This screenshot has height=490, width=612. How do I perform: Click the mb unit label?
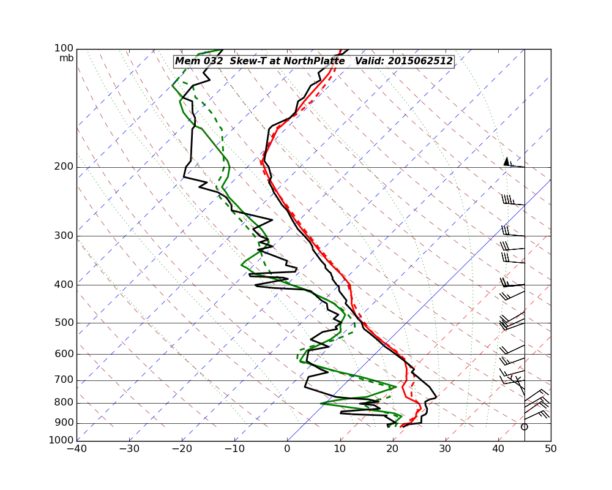[66, 58]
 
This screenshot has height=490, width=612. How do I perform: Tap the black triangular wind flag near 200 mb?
[506, 161]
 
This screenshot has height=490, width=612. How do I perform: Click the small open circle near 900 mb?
[524, 426]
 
